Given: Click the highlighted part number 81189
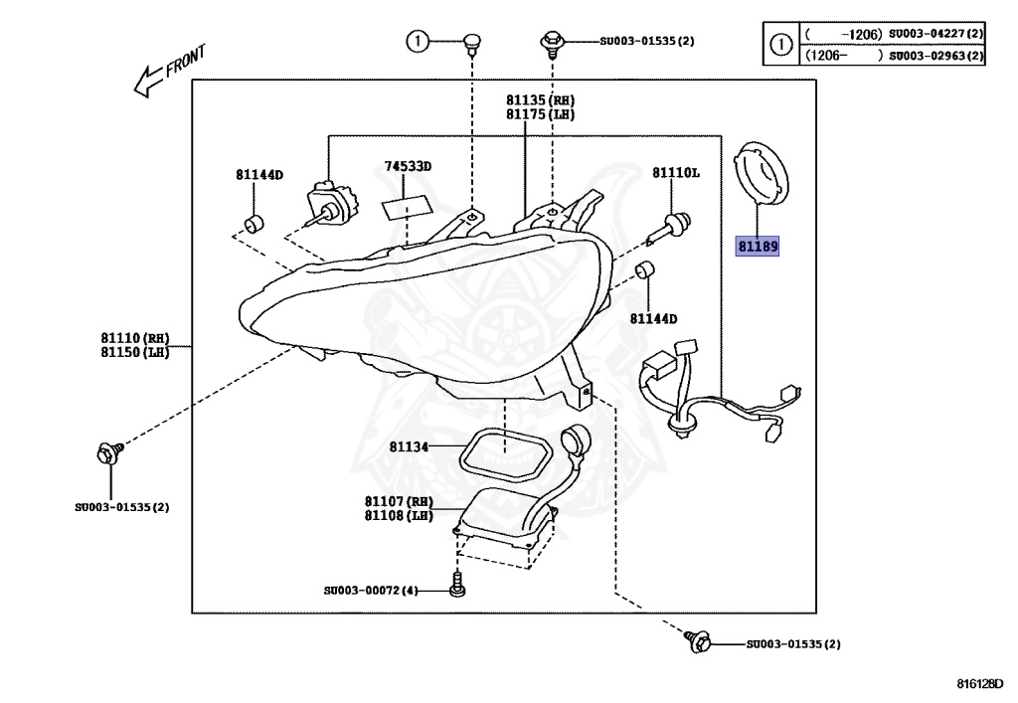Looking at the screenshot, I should point(757,246).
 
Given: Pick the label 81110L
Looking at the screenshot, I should point(676,173).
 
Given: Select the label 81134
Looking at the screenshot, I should point(409,447).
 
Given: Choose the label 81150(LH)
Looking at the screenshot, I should point(133,353).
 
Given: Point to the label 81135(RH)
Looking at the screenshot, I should point(540,100).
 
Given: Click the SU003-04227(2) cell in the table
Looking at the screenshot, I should point(935,35).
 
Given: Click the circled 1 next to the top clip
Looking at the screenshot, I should point(419,41).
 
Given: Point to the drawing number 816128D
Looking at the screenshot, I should point(980,683).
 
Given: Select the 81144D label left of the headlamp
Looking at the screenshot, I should point(259,175).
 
